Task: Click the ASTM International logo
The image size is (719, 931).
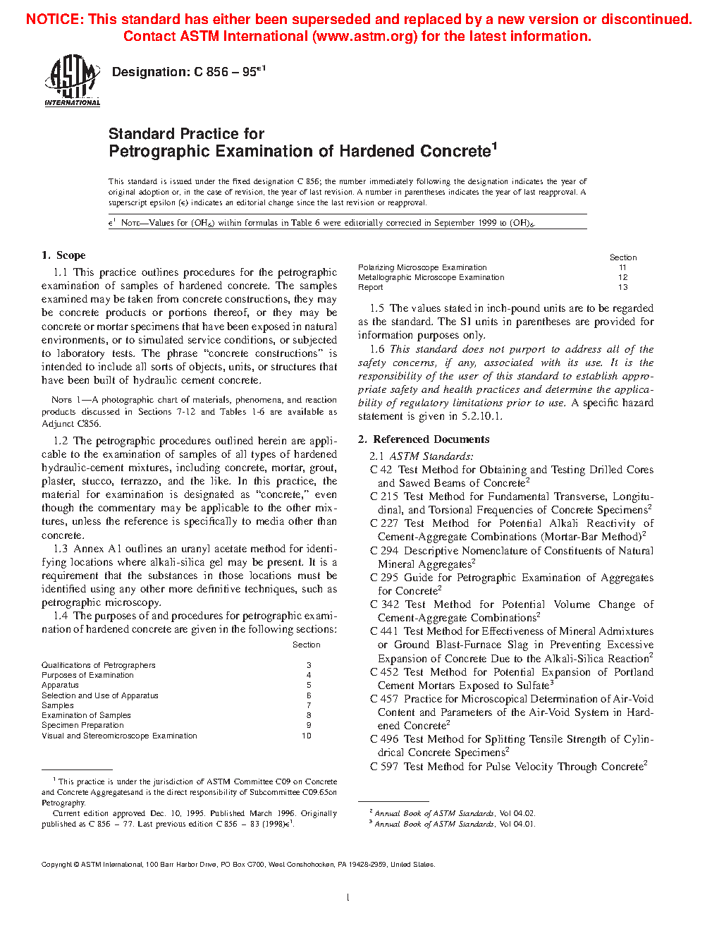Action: point(73,81)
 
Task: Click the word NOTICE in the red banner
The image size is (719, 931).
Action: point(54,19)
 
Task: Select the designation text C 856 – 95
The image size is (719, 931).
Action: point(225,72)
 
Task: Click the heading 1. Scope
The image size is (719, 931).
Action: point(63,255)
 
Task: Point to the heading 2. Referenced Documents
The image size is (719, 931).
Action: point(424,439)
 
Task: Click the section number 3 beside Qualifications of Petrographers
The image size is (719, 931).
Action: point(309,665)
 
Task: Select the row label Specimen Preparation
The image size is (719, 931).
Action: point(82,725)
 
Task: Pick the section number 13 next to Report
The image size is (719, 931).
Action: point(622,287)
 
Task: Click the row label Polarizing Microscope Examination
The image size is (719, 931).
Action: point(422,267)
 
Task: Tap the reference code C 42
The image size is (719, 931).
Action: point(381,470)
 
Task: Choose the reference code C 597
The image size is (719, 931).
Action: point(383,767)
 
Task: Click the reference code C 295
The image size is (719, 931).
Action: point(383,578)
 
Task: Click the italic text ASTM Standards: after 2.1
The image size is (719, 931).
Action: point(431,456)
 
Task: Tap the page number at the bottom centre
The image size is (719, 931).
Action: point(348,897)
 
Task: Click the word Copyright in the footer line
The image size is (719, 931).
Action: point(56,864)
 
